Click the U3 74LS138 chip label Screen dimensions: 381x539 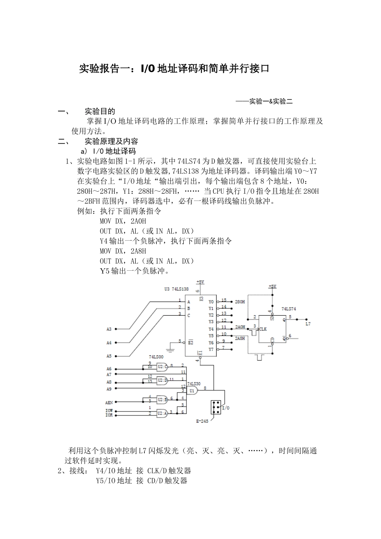click(176, 289)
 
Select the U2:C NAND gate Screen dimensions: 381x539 click(162, 366)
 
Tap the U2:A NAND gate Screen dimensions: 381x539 click(162, 412)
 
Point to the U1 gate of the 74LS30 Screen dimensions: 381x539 click(193, 390)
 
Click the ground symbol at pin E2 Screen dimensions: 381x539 click(170, 350)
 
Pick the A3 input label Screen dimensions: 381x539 click(109, 329)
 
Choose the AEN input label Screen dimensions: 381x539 click(109, 402)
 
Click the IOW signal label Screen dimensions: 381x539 click(109, 411)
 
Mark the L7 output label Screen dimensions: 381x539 click(308, 323)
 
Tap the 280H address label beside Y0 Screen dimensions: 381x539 click(240, 301)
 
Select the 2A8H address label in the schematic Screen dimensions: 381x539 click(240, 338)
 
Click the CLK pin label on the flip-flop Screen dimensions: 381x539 click(263, 329)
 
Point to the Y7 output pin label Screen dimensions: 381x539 click(211, 349)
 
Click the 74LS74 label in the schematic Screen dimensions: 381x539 click(289, 309)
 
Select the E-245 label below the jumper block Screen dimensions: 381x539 click(202, 421)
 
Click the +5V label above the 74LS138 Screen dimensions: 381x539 click(200, 282)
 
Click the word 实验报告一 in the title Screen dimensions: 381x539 click(104, 69)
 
